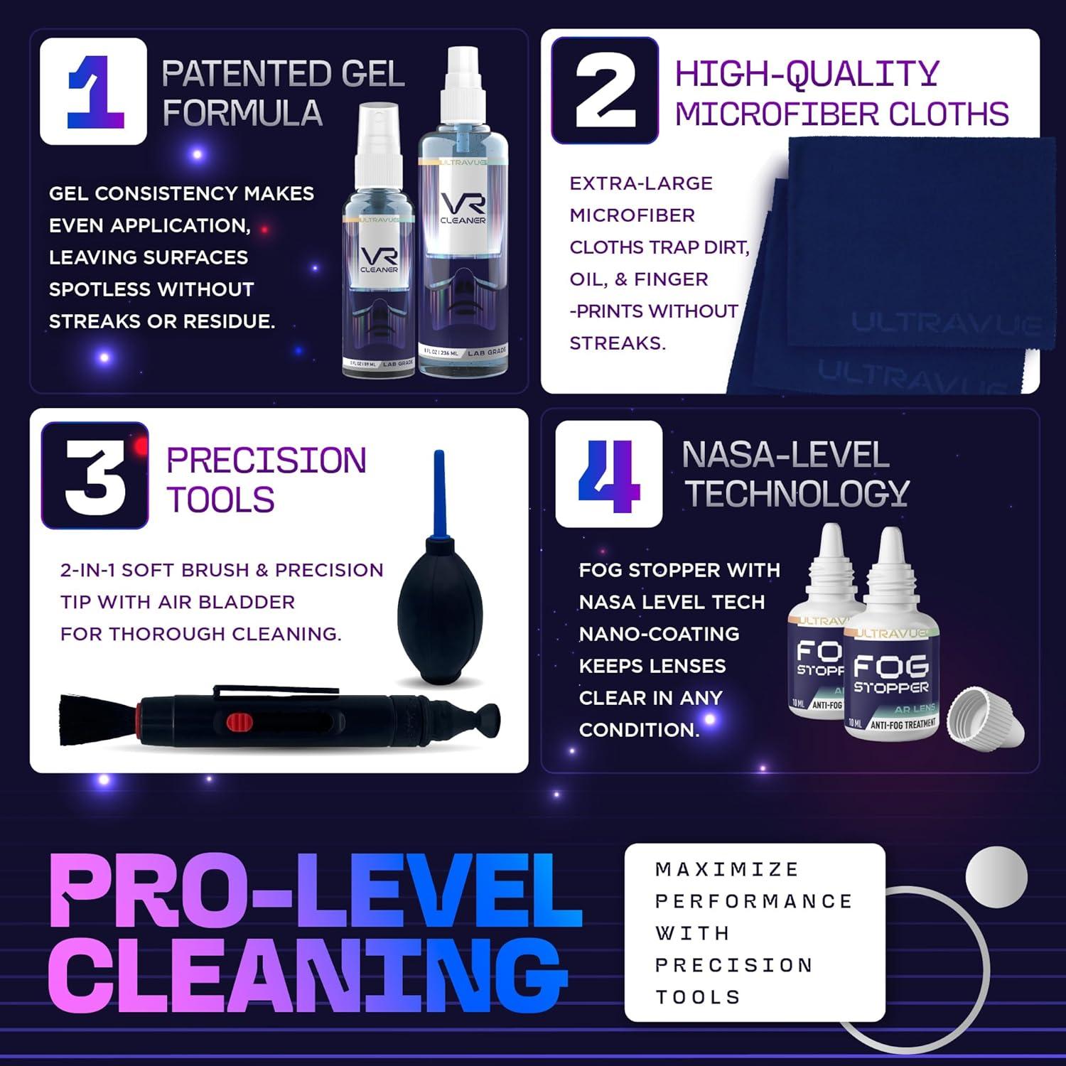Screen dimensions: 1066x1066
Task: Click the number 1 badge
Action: point(93,92)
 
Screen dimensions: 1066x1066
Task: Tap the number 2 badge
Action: point(605,90)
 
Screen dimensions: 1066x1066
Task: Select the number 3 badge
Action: point(95,475)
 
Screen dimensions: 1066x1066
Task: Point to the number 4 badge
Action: point(608,474)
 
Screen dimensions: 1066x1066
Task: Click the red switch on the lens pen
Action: point(239,723)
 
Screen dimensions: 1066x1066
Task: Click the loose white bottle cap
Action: point(987,716)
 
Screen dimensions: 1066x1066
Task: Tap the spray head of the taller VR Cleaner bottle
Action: point(463,85)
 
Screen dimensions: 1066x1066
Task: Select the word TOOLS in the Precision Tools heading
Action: point(220,500)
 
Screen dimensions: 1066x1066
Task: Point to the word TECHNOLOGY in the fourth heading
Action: point(797,493)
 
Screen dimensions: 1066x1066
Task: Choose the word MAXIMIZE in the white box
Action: point(727,869)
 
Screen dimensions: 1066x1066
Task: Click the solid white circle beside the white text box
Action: point(996,876)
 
